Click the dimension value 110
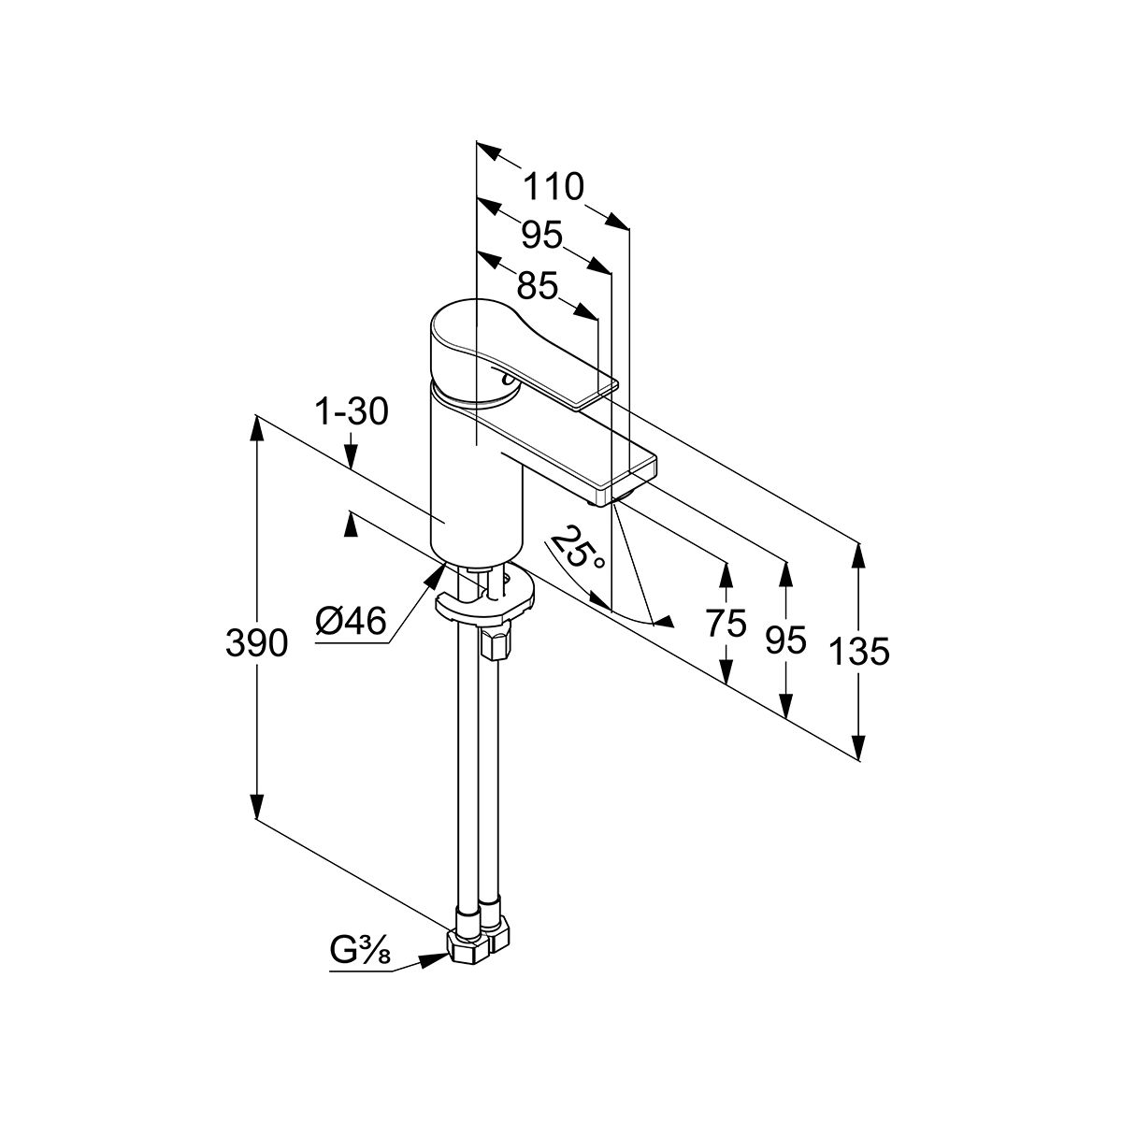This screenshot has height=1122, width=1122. [553, 188]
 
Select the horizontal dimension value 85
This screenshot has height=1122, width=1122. [537, 284]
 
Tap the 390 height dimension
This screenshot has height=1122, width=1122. [255, 642]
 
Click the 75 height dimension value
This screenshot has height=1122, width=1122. [726, 622]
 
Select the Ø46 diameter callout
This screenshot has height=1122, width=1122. [351, 621]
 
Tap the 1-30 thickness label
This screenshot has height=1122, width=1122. [352, 411]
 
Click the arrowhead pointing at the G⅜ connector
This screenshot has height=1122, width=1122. [434, 959]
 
